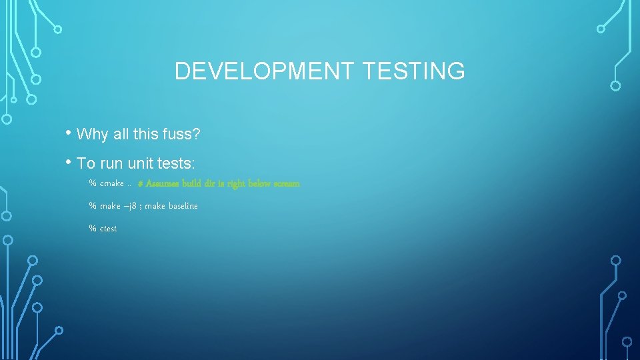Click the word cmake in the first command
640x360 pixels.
112,183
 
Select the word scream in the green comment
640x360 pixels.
287,183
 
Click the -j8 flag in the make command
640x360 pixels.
131,206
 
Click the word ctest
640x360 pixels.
108,229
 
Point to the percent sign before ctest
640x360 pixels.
93,229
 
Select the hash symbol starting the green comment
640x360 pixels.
141,183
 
